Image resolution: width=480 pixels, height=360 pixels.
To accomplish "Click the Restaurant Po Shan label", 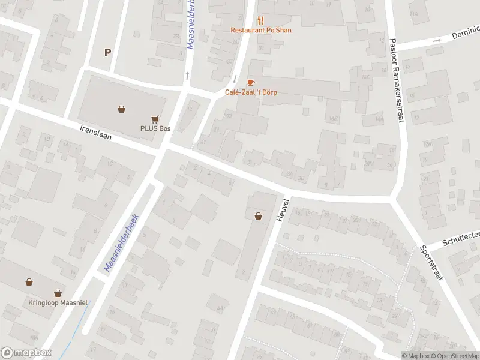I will [x=261, y=30].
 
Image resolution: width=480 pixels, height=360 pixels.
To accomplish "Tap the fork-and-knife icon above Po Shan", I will [x=261, y=20].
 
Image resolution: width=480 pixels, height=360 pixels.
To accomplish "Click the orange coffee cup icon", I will [x=251, y=82].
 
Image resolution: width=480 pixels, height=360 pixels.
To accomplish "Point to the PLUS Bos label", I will [x=155, y=128].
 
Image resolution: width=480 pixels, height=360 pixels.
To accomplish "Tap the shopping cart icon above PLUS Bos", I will [x=156, y=119].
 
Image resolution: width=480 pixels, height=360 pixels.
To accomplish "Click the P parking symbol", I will [x=108, y=52].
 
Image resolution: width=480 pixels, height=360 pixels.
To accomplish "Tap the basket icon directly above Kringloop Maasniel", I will [x=58, y=293].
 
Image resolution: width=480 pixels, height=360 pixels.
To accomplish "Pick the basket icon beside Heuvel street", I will [x=259, y=216].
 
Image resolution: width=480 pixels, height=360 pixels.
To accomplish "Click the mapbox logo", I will [x=26, y=353].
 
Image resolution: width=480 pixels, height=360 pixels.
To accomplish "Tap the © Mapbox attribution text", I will [x=416, y=356].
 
